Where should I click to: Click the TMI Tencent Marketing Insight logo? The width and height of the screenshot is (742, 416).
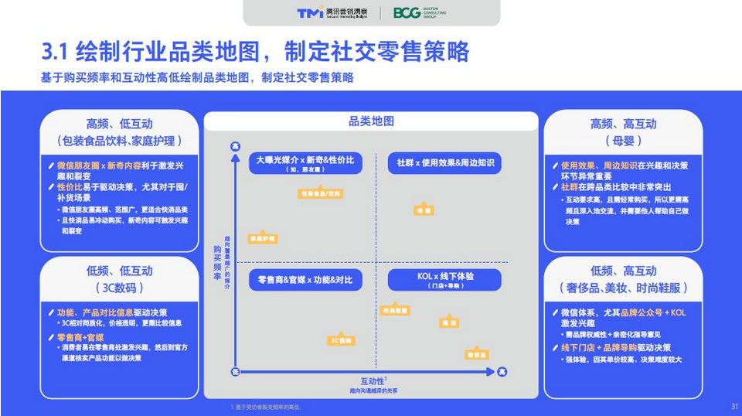(332, 12)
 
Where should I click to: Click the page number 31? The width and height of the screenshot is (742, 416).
(734, 406)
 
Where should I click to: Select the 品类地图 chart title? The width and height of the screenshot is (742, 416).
(371, 121)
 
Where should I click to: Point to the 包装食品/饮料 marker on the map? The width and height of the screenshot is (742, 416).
(321, 193)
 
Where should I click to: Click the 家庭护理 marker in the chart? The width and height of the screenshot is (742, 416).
(262, 239)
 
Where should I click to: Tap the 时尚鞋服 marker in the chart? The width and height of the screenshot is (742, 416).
(395, 310)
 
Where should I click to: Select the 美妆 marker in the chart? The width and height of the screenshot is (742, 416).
(449, 322)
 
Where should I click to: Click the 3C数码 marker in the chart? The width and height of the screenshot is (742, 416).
(341, 340)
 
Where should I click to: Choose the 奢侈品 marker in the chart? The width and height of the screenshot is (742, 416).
(477, 354)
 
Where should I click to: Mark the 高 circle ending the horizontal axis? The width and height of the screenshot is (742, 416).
(502, 372)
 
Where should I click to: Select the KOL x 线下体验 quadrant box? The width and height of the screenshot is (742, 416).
(444, 280)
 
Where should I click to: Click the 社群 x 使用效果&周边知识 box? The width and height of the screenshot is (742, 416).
(444, 163)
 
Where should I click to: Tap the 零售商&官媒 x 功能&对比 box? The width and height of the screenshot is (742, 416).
(305, 280)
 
